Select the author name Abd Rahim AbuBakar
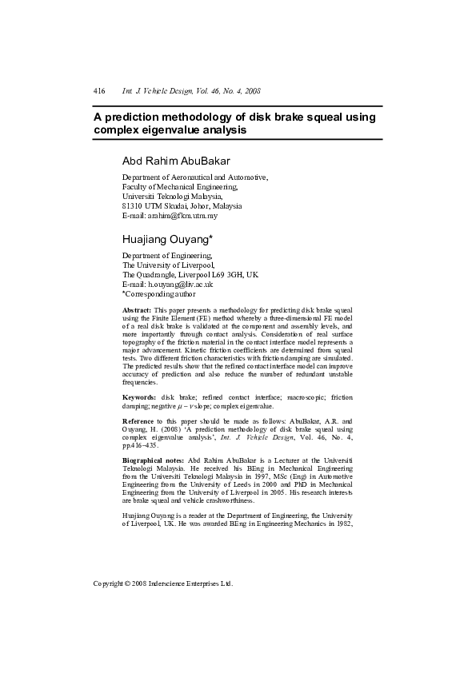[x=175, y=161]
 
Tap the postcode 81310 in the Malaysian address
[x=134, y=205]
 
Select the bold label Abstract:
[x=137, y=309]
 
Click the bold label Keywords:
[x=139, y=397]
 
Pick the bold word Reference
[x=138, y=420]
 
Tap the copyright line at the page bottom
[x=163, y=583]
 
